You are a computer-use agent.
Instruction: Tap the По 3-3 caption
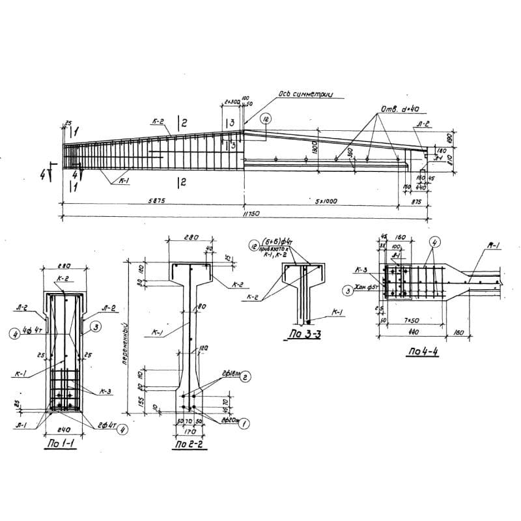[x=300, y=337]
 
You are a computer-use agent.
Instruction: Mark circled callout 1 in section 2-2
[x=245, y=422]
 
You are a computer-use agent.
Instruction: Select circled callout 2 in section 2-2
[x=245, y=378]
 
